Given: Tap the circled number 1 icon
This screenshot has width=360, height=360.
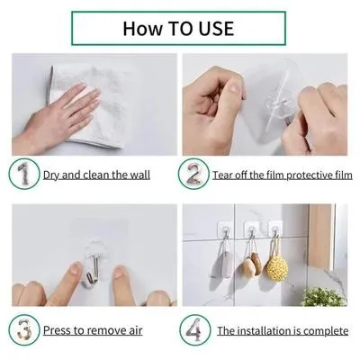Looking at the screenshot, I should tap(25, 173).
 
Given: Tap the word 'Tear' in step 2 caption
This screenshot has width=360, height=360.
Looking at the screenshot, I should tap(226, 175).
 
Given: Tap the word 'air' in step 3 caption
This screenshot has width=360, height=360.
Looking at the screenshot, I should tap(133, 330).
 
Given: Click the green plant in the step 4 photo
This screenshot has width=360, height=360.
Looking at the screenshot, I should tap(325, 297).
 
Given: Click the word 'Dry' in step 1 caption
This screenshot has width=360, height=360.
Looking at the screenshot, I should tap(54, 175).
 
